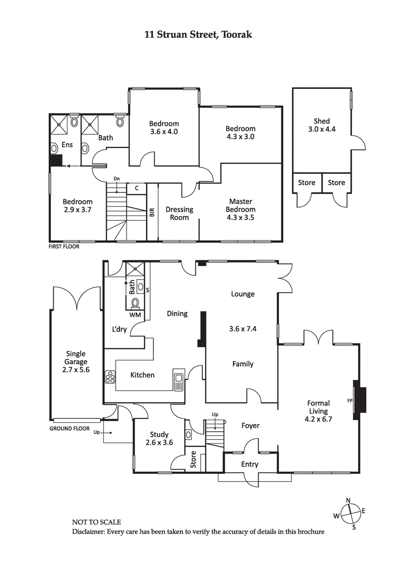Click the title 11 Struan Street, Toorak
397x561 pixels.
tap(198, 34)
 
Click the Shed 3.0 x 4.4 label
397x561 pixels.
tap(321, 126)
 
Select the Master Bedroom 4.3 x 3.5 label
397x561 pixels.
tap(240, 209)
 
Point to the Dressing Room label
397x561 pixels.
tap(179, 213)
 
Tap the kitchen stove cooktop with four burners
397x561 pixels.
tap(110, 378)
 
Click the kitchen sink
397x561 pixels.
tap(178, 380)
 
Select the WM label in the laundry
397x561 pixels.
tap(134, 315)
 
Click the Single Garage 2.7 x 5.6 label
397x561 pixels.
tap(76, 362)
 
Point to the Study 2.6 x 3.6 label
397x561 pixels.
tap(159, 439)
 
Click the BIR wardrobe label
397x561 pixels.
tap(152, 213)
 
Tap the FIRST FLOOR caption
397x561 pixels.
tap(64, 246)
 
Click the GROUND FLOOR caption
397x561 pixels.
tap(69, 428)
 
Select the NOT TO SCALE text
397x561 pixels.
tap(96, 522)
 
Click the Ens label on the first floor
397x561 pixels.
tap(66, 145)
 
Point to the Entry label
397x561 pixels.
tap(250, 464)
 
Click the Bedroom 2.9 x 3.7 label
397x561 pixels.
tap(77, 206)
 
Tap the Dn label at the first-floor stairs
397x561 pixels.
tap(117, 178)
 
